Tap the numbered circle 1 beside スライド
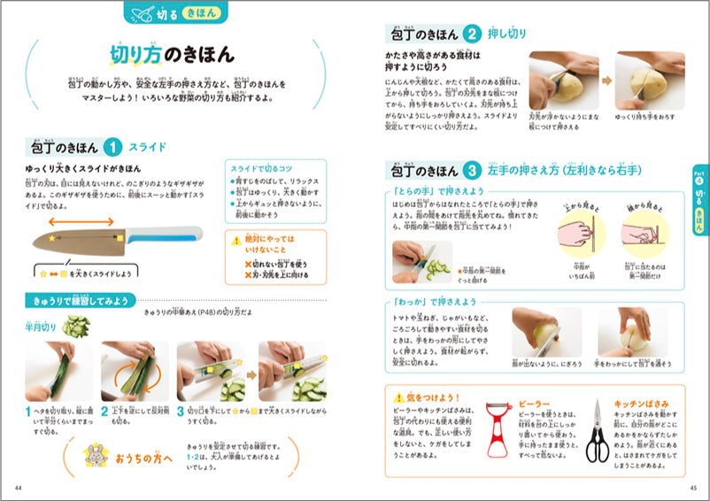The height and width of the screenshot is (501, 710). (x=113, y=146)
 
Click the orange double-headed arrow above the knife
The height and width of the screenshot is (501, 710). (x=81, y=222)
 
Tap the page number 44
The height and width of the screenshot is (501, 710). (x=19, y=488)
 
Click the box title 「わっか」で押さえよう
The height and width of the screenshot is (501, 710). (x=435, y=302)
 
